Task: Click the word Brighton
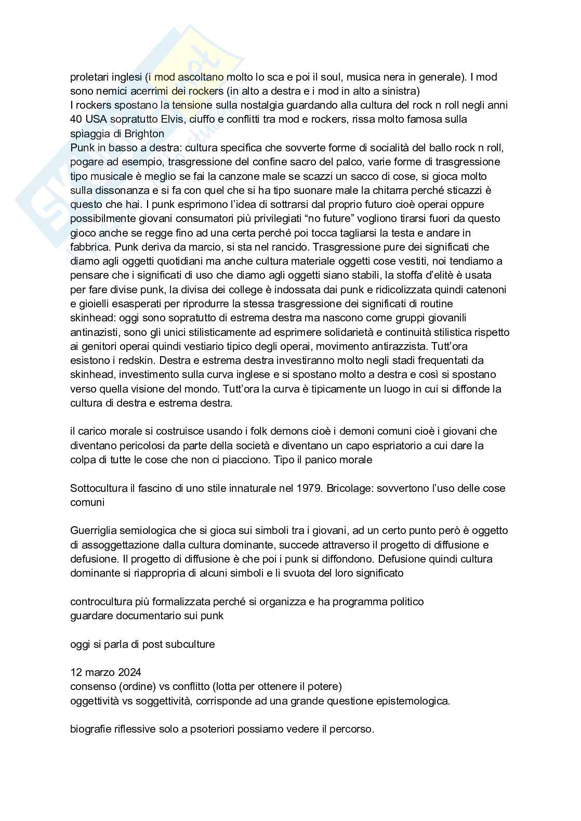pos(144,134)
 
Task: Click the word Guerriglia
pos(94,531)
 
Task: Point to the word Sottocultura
pos(99,488)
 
